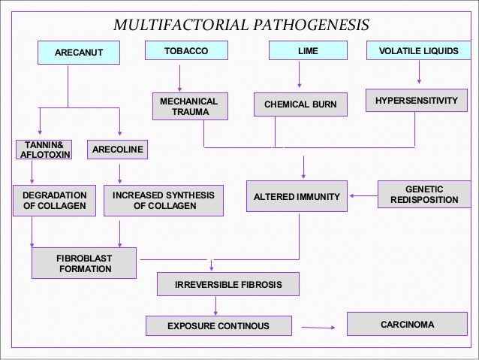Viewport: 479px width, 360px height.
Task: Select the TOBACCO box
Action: [x=186, y=51]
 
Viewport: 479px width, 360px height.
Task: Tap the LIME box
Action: [x=309, y=51]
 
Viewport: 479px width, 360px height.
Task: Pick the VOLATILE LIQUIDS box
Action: [x=419, y=51]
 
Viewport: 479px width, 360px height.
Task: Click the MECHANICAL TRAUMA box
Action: [x=190, y=107]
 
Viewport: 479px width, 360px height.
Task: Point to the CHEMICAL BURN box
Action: [x=300, y=104]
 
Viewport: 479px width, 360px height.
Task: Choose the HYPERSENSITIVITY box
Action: [x=415, y=101]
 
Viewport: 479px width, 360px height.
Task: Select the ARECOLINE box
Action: [x=117, y=150]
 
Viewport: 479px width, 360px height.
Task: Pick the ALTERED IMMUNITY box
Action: [x=297, y=196]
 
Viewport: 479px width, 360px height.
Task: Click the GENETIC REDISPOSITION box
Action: [x=424, y=195]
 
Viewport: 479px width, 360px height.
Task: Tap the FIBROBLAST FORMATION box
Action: [x=84, y=263]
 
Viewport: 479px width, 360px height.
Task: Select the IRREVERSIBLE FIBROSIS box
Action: [x=227, y=285]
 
